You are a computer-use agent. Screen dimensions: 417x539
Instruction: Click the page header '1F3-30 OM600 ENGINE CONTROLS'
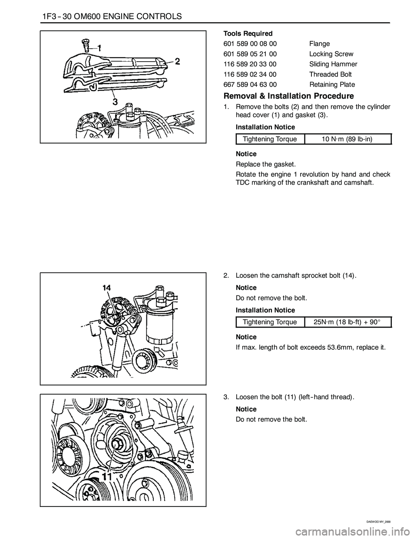(x=112, y=16)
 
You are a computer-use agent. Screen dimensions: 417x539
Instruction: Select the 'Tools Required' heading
(x=248, y=33)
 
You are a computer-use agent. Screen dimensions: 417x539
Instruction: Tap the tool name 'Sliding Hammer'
(x=333, y=64)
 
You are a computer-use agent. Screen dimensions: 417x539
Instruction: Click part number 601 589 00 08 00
(x=250, y=44)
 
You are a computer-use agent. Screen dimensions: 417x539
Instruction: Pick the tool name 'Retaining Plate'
(x=332, y=85)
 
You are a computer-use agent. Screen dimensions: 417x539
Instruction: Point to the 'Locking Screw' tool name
(x=331, y=54)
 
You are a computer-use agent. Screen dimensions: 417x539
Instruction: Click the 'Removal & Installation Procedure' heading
(x=289, y=96)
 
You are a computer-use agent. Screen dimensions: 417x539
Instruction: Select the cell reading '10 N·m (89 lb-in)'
(x=347, y=139)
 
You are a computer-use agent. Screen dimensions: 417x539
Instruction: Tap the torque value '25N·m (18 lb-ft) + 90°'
(x=347, y=322)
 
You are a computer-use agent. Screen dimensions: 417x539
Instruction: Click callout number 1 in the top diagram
(x=99, y=48)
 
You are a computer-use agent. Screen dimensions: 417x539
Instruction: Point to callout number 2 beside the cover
(x=178, y=62)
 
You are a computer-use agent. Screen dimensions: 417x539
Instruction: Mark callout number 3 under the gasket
(x=116, y=102)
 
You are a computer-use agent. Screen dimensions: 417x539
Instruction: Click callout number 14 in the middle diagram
(x=107, y=288)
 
